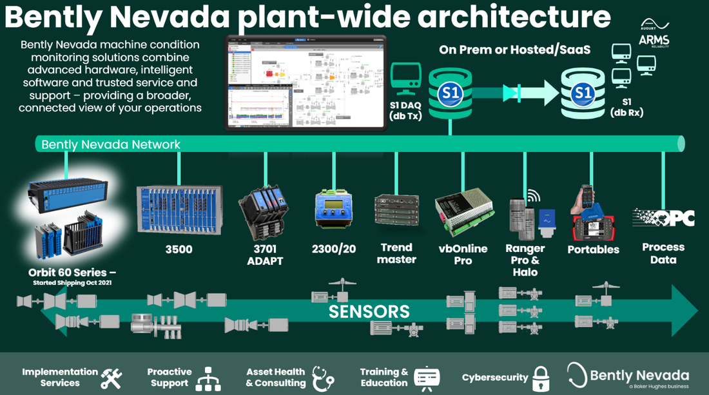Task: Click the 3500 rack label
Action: (179, 249)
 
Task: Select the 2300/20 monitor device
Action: (333, 208)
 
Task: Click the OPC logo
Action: (663, 218)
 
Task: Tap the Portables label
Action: (593, 249)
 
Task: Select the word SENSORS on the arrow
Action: (369, 312)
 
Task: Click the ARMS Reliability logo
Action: (654, 40)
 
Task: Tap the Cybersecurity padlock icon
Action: (540, 377)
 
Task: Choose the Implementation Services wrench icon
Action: (111, 378)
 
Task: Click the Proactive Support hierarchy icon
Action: (208, 378)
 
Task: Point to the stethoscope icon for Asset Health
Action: (323, 378)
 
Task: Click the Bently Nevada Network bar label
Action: (111, 144)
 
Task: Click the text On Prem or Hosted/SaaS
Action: (514, 50)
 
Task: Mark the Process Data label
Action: (663, 253)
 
